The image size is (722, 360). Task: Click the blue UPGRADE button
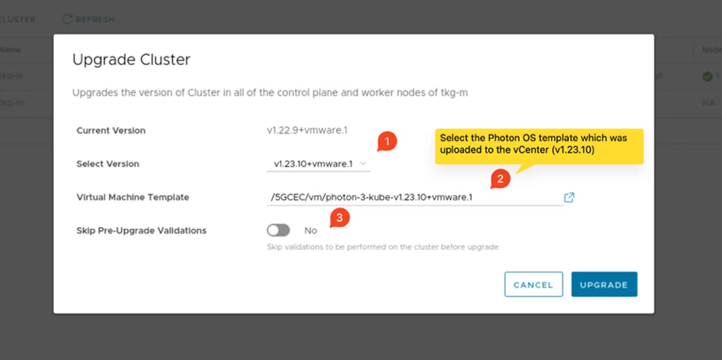pyautogui.click(x=604, y=284)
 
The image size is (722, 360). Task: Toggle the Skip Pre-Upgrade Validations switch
pyautogui.click(x=279, y=230)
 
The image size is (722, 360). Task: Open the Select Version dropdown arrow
pyautogui.click(x=363, y=164)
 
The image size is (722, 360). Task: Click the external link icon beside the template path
pyautogui.click(x=569, y=197)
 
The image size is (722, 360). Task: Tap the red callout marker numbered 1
pyautogui.click(x=387, y=142)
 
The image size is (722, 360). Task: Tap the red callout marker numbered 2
pyautogui.click(x=500, y=179)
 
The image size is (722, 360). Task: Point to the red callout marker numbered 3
pyautogui.click(x=340, y=218)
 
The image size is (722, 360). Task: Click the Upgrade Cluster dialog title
pyautogui.click(x=131, y=60)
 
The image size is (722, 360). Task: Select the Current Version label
pyautogui.click(x=111, y=130)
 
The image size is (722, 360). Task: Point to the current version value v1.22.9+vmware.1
pyautogui.click(x=307, y=130)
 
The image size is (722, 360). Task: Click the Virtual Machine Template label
pyautogui.click(x=133, y=197)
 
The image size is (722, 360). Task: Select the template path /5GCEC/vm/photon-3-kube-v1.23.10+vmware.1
pyautogui.click(x=372, y=197)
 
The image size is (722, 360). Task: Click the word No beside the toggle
pyautogui.click(x=311, y=230)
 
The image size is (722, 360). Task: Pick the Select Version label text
pyautogui.click(x=108, y=164)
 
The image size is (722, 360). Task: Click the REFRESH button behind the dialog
pyautogui.click(x=89, y=20)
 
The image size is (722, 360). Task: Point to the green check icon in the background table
pyautogui.click(x=707, y=76)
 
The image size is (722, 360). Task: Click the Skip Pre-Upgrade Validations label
pyautogui.click(x=141, y=230)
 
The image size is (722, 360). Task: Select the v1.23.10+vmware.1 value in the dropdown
pyautogui.click(x=313, y=164)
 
